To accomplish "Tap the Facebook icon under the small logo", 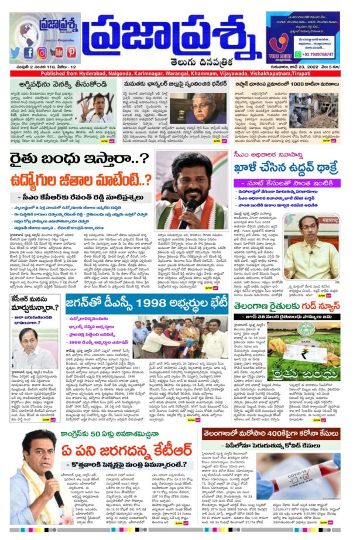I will (x=29, y=52).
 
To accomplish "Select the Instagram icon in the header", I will (x=42, y=52).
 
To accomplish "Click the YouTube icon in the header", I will (x=57, y=52).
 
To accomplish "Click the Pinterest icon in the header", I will (x=71, y=52).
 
